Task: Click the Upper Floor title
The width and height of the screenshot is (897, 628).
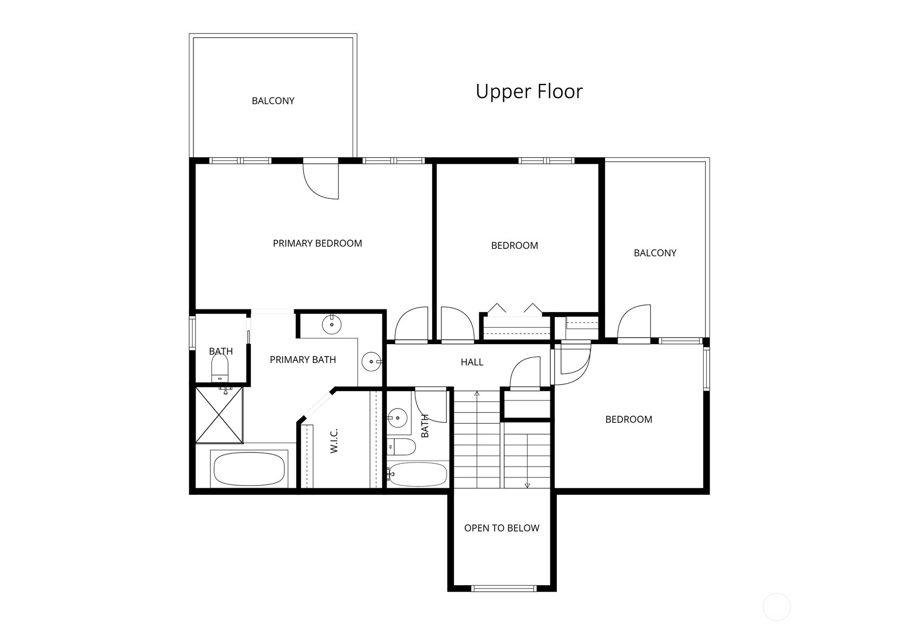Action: click(529, 92)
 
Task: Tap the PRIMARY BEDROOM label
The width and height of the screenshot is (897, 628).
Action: click(317, 243)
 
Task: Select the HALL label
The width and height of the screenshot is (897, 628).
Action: click(472, 362)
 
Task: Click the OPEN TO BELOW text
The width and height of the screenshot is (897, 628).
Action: click(502, 528)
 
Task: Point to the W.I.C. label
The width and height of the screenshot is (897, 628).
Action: click(334, 441)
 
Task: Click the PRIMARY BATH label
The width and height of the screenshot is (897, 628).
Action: click(303, 360)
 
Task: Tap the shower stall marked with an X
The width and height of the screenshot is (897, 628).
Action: click(219, 415)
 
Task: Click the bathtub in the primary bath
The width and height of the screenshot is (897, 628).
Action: click(249, 469)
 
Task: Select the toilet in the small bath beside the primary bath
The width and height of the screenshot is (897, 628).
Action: click(219, 368)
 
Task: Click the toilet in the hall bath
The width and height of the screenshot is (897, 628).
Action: click(401, 446)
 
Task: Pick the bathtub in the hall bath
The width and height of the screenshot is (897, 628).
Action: click(418, 475)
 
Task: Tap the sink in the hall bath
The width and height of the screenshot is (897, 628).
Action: click(397, 418)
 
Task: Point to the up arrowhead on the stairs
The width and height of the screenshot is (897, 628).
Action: click(477, 394)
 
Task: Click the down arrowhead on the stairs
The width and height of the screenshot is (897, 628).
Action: click(527, 485)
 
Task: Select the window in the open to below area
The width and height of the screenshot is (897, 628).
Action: click(504, 588)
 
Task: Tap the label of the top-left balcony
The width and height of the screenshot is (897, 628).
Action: click(273, 101)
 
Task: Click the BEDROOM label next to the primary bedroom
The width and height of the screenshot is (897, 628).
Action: click(515, 245)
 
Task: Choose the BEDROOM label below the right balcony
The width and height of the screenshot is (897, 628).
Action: click(629, 419)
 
